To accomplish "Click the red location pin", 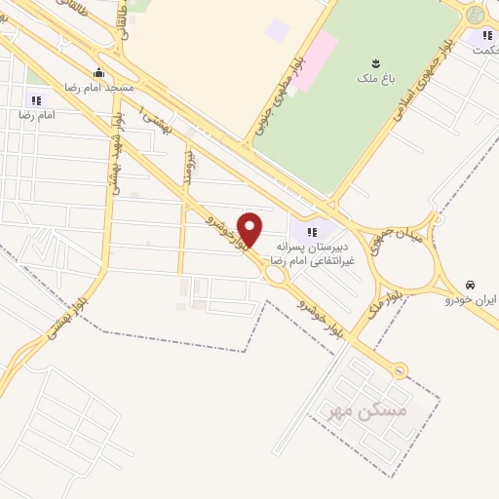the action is pyautogui.click(x=250, y=230).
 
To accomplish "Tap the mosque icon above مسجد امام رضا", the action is pyautogui.click(x=98, y=73).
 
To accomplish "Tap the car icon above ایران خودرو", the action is pyautogui.click(x=471, y=286).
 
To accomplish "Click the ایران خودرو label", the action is pyautogui.click(x=471, y=300).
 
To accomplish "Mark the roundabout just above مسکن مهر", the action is pyautogui.click(x=398, y=369).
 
